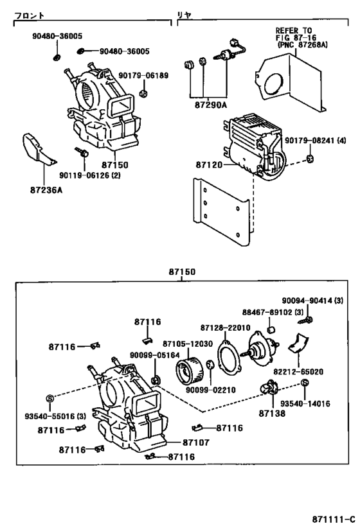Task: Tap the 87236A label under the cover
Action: pyautogui.click(x=46, y=189)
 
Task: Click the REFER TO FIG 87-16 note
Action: pyautogui.click(x=296, y=38)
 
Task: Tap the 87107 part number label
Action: pyautogui.click(x=196, y=442)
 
